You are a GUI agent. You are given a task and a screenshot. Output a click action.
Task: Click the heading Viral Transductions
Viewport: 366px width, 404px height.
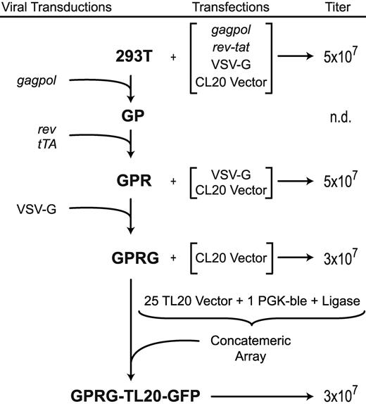pyautogui.click(x=56, y=7)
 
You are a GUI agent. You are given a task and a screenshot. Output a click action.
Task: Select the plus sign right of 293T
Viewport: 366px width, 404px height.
pyautogui.click(x=174, y=56)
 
